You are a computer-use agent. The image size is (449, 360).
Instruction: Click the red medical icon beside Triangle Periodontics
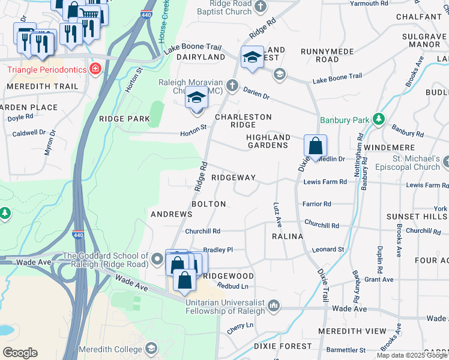[94, 70]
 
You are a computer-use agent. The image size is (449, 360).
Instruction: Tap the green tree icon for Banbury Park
[378, 120]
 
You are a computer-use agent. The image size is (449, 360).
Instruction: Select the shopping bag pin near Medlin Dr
[315, 146]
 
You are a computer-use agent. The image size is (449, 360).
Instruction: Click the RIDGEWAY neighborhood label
[234, 178]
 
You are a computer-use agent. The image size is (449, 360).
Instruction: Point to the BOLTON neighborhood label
[208, 204]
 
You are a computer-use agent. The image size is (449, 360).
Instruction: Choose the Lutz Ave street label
[278, 214]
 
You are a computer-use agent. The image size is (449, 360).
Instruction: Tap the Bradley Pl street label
[217, 250]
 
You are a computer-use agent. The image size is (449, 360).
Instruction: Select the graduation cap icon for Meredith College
[152, 349]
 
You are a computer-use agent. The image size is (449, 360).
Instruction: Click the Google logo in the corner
[20, 353]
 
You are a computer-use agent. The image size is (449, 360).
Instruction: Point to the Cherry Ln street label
[240, 327]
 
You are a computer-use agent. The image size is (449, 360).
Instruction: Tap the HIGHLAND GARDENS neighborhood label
[267, 141]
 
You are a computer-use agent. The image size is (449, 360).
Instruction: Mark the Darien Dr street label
[256, 93]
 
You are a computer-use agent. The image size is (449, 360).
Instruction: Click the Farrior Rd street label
[317, 204]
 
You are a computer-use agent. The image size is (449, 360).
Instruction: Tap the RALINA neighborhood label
[287, 236]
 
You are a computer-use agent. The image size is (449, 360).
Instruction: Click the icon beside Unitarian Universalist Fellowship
[274, 306]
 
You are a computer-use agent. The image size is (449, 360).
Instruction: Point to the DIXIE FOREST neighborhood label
[282, 346]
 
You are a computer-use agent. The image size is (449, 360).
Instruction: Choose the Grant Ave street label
[379, 280]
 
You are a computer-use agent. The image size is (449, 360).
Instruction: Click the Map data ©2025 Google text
[411, 355]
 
